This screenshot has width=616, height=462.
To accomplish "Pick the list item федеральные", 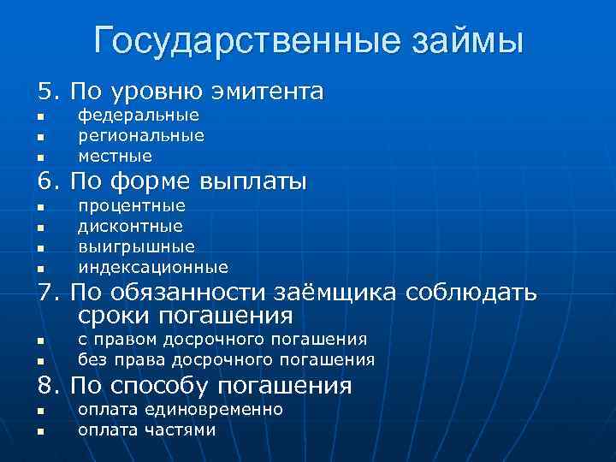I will click(139, 115).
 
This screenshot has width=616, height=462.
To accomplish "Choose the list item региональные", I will click(141, 136).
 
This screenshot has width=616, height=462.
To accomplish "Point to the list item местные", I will click(115, 157).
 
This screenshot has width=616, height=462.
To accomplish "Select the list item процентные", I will click(132, 206).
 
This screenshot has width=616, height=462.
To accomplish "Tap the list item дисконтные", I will click(130, 227).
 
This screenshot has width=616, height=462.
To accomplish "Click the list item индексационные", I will click(153, 267).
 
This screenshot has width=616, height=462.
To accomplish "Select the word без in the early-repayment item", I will click(92, 359).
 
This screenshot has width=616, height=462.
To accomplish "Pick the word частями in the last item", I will click(181, 430).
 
